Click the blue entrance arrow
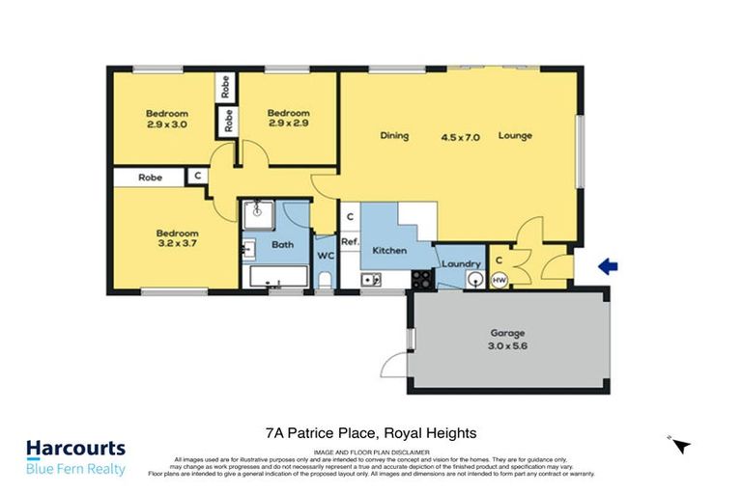609,267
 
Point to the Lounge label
515,136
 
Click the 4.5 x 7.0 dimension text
459,136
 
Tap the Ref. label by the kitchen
350,241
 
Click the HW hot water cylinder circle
499,280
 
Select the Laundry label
462,263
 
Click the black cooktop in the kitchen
422,280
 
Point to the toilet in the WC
325,281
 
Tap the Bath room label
282,245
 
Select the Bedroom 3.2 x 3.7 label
178,239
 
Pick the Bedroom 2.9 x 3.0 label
166,119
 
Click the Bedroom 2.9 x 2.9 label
288,119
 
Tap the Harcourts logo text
75,449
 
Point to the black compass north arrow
682,445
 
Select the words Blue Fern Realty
75,469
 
